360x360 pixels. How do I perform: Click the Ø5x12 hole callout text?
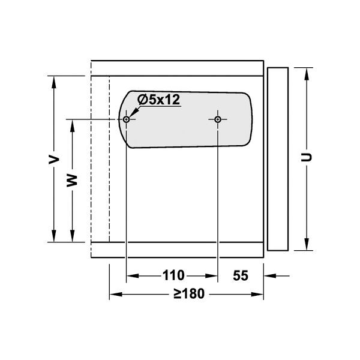point(158,100)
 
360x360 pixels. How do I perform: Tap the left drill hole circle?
point(127,119)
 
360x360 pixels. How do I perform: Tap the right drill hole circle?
point(217,119)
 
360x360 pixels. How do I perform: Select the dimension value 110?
point(173,276)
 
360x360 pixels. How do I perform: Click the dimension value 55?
point(241,276)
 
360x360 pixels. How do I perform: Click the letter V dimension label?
point(54,159)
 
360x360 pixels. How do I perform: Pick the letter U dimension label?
point(307,157)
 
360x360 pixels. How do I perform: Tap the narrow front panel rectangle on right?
point(277,159)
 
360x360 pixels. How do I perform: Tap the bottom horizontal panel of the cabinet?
point(177,250)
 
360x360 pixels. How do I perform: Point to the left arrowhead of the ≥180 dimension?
point(114,295)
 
